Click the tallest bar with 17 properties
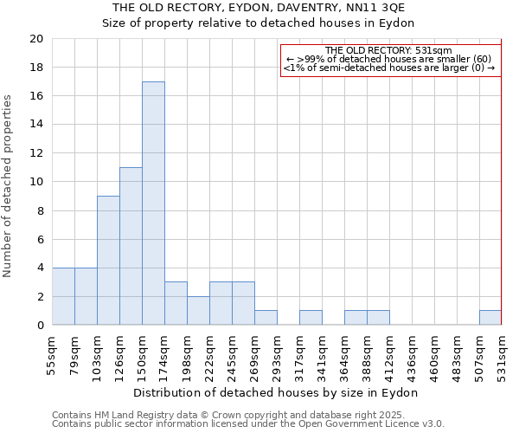click(x=153, y=204)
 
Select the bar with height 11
click(x=131, y=246)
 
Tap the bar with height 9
click(x=108, y=261)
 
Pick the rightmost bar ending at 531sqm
click(x=490, y=318)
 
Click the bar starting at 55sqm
click(x=63, y=296)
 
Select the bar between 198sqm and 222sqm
click(x=198, y=311)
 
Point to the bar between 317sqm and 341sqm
click(x=311, y=318)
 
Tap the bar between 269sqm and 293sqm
click(x=266, y=318)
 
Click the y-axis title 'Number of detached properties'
click(x=9, y=185)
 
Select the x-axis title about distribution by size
click(x=276, y=392)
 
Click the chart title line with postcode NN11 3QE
click(x=259, y=7)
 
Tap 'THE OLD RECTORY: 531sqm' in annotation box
click(x=388, y=50)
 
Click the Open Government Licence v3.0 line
click(x=247, y=423)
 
